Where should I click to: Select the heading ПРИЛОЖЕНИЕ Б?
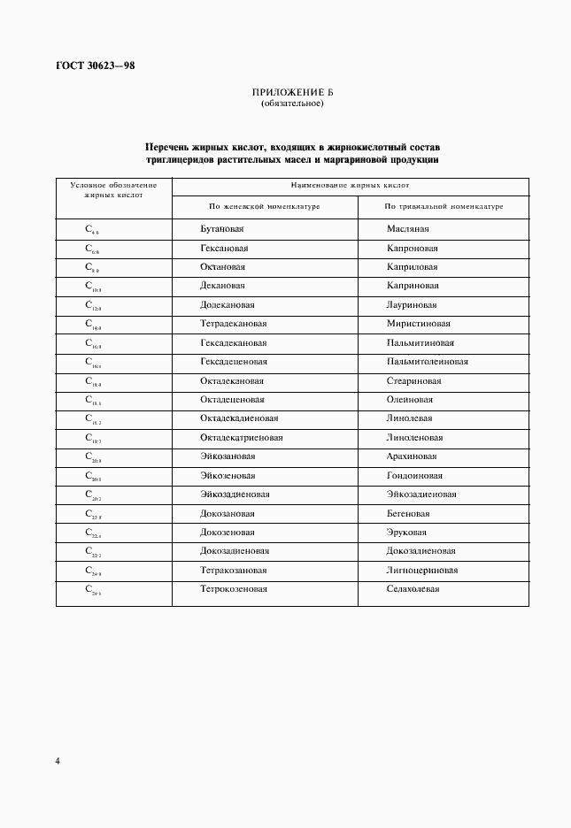(x=291, y=93)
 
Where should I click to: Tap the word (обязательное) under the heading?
(x=291, y=103)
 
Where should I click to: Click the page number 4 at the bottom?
(x=58, y=761)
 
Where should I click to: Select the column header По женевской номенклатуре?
(x=264, y=206)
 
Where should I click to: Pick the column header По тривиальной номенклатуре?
(x=444, y=206)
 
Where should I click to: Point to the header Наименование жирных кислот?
(x=350, y=186)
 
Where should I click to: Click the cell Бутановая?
(x=221, y=228)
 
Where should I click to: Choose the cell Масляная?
(x=407, y=228)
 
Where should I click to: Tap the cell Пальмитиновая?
(x=421, y=342)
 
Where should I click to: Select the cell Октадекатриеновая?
(x=242, y=438)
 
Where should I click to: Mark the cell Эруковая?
(x=406, y=533)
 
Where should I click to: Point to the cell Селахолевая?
(x=413, y=589)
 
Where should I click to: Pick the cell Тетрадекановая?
(x=234, y=324)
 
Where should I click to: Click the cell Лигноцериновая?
(x=421, y=571)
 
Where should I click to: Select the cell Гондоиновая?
(x=413, y=476)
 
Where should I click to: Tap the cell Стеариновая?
(x=413, y=381)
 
